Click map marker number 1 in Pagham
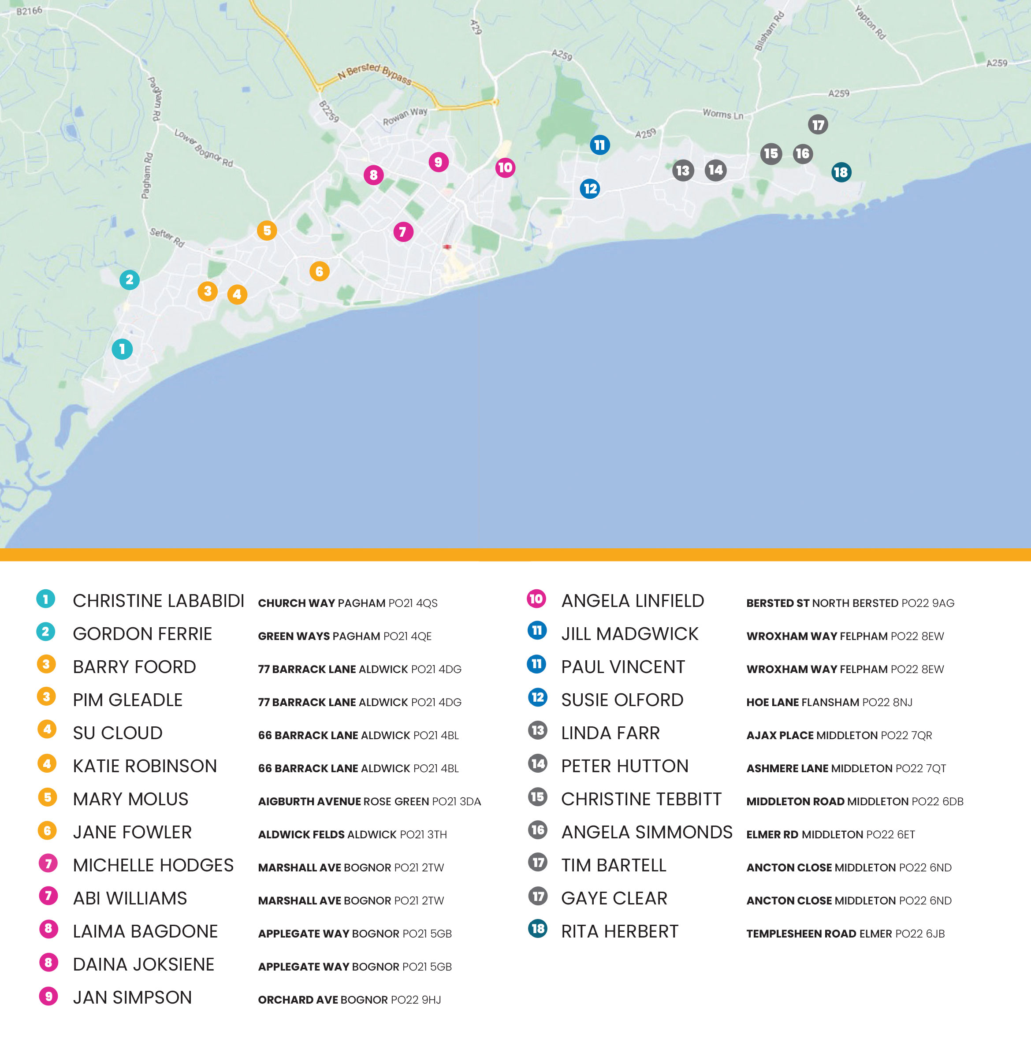point(122,349)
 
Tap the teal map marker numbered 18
point(841,172)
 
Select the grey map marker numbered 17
point(818,125)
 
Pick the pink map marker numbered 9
point(439,162)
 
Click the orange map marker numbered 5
point(267,231)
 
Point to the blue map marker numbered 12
point(590,189)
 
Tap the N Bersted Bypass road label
point(375,74)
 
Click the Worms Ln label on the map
point(722,114)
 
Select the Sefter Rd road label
point(167,237)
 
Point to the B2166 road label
point(29,11)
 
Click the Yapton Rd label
point(870,22)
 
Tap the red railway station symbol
point(447,247)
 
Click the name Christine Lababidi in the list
point(159,601)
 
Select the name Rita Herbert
point(619,931)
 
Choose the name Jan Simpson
point(132,997)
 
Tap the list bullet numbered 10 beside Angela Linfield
point(536,599)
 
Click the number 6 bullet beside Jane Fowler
point(47,830)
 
